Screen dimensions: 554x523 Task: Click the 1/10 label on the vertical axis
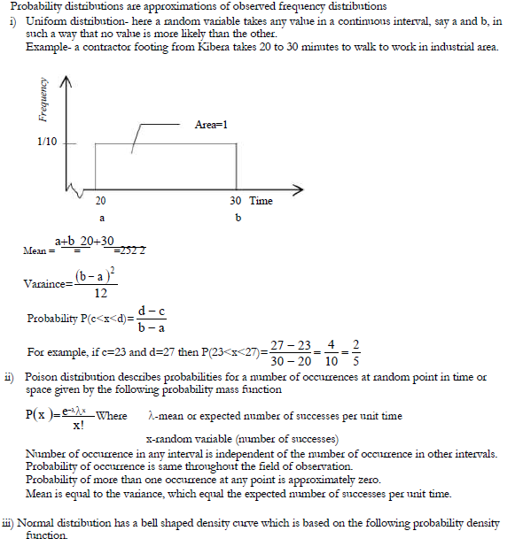pyautogui.click(x=47, y=142)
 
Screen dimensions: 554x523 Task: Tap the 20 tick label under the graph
pyautogui.click(x=101, y=201)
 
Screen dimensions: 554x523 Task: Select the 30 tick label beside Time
pyautogui.click(x=235, y=201)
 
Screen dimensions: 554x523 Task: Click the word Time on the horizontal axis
pyautogui.click(x=261, y=201)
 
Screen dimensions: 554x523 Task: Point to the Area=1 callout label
pyautogui.click(x=211, y=125)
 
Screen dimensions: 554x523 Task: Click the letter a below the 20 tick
pyautogui.click(x=101, y=217)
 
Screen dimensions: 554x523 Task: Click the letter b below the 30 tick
pyautogui.click(x=238, y=217)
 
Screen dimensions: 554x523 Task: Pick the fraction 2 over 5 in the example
pyautogui.click(x=355, y=352)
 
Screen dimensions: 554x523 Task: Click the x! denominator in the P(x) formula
pyautogui.click(x=79, y=425)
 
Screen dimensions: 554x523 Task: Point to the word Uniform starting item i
pyautogui.click(x=45, y=20)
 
